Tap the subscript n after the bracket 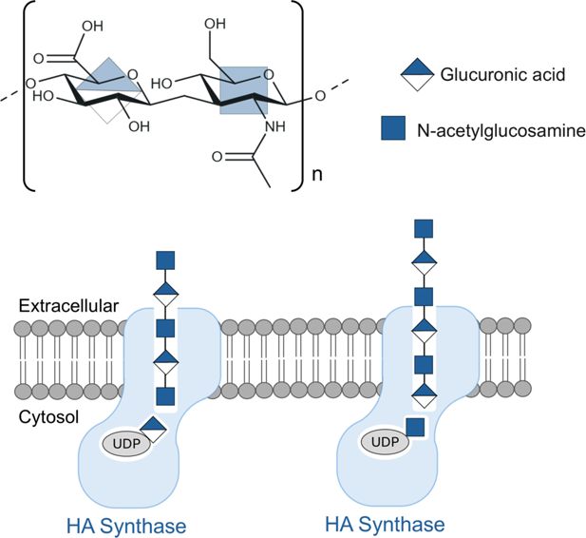[x=316, y=176]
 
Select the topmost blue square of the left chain [x=166, y=259]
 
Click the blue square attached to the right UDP [x=414, y=428]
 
